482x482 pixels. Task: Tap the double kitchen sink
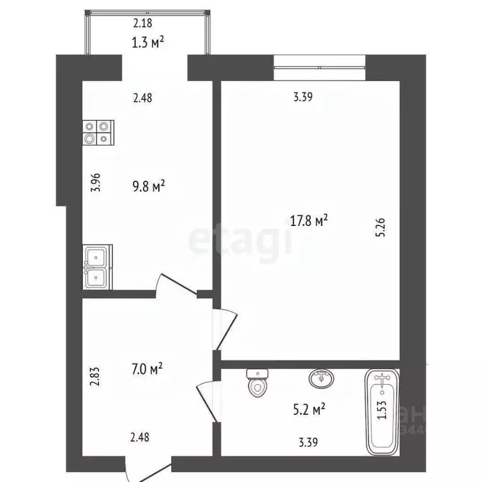tap(97, 266)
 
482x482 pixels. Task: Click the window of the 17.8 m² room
tap(320, 67)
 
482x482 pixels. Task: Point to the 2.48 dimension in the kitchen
tap(141, 97)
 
